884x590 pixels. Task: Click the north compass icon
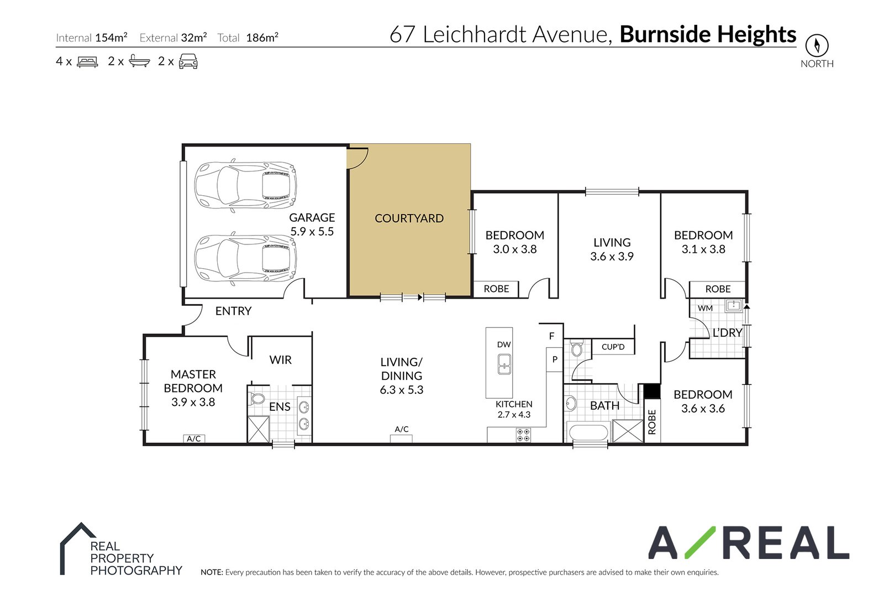(x=817, y=45)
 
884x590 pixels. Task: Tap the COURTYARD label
(x=409, y=218)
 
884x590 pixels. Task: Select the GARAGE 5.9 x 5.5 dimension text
(x=312, y=232)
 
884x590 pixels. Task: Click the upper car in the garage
(x=245, y=186)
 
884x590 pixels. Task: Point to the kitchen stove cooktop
(x=523, y=435)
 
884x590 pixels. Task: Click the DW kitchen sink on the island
(x=504, y=364)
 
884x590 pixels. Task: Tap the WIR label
(x=280, y=360)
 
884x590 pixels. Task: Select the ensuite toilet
(x=257, y=399)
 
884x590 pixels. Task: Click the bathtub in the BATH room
(x=588, y=432)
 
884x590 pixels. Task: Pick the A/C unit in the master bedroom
(x=194, y=438)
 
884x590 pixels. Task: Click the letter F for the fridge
(x=551, y=336)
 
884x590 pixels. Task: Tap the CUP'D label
(x=613, y=347)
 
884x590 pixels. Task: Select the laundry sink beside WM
(x=734, y=306)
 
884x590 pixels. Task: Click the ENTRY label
(x=233, y=311)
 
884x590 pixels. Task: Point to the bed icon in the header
(x=87, y=61)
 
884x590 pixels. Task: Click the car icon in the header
(x=188, y=61)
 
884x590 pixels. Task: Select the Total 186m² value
(x=262, y=38)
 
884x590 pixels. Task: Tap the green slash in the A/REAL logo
(x=699, y=542)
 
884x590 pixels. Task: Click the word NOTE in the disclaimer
(x=211, y=572)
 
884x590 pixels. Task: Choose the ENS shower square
(x=258, y=429)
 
